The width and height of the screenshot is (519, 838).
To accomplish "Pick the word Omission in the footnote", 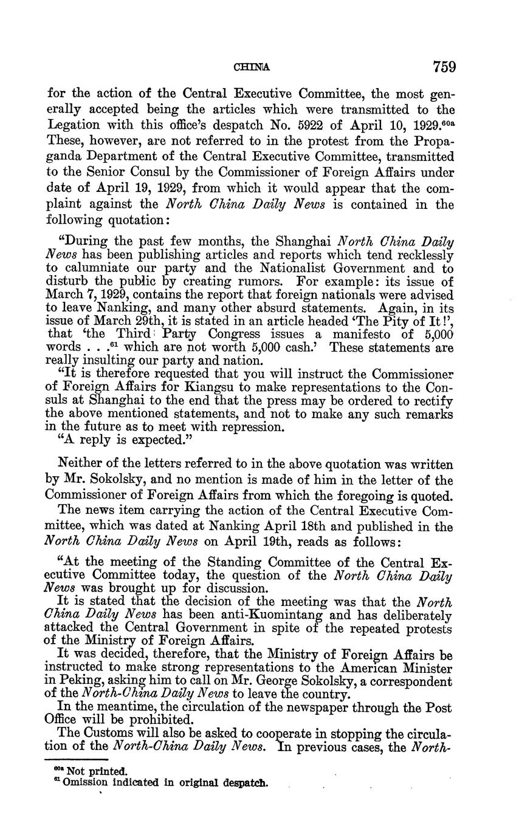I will pos(81,782).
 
